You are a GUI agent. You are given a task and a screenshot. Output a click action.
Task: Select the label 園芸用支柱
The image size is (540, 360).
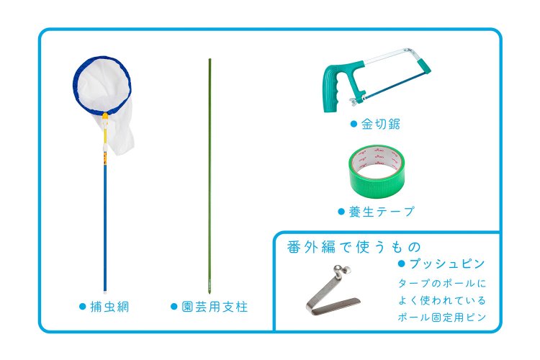[x=215, y=307]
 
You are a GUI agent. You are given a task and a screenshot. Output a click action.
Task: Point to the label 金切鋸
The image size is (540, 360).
[x=380, y=124]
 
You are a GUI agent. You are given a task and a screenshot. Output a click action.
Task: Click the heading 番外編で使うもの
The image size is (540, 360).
[x=354, y=247]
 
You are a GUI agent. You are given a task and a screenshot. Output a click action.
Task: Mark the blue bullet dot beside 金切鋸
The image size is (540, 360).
[x=354, y=124]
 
